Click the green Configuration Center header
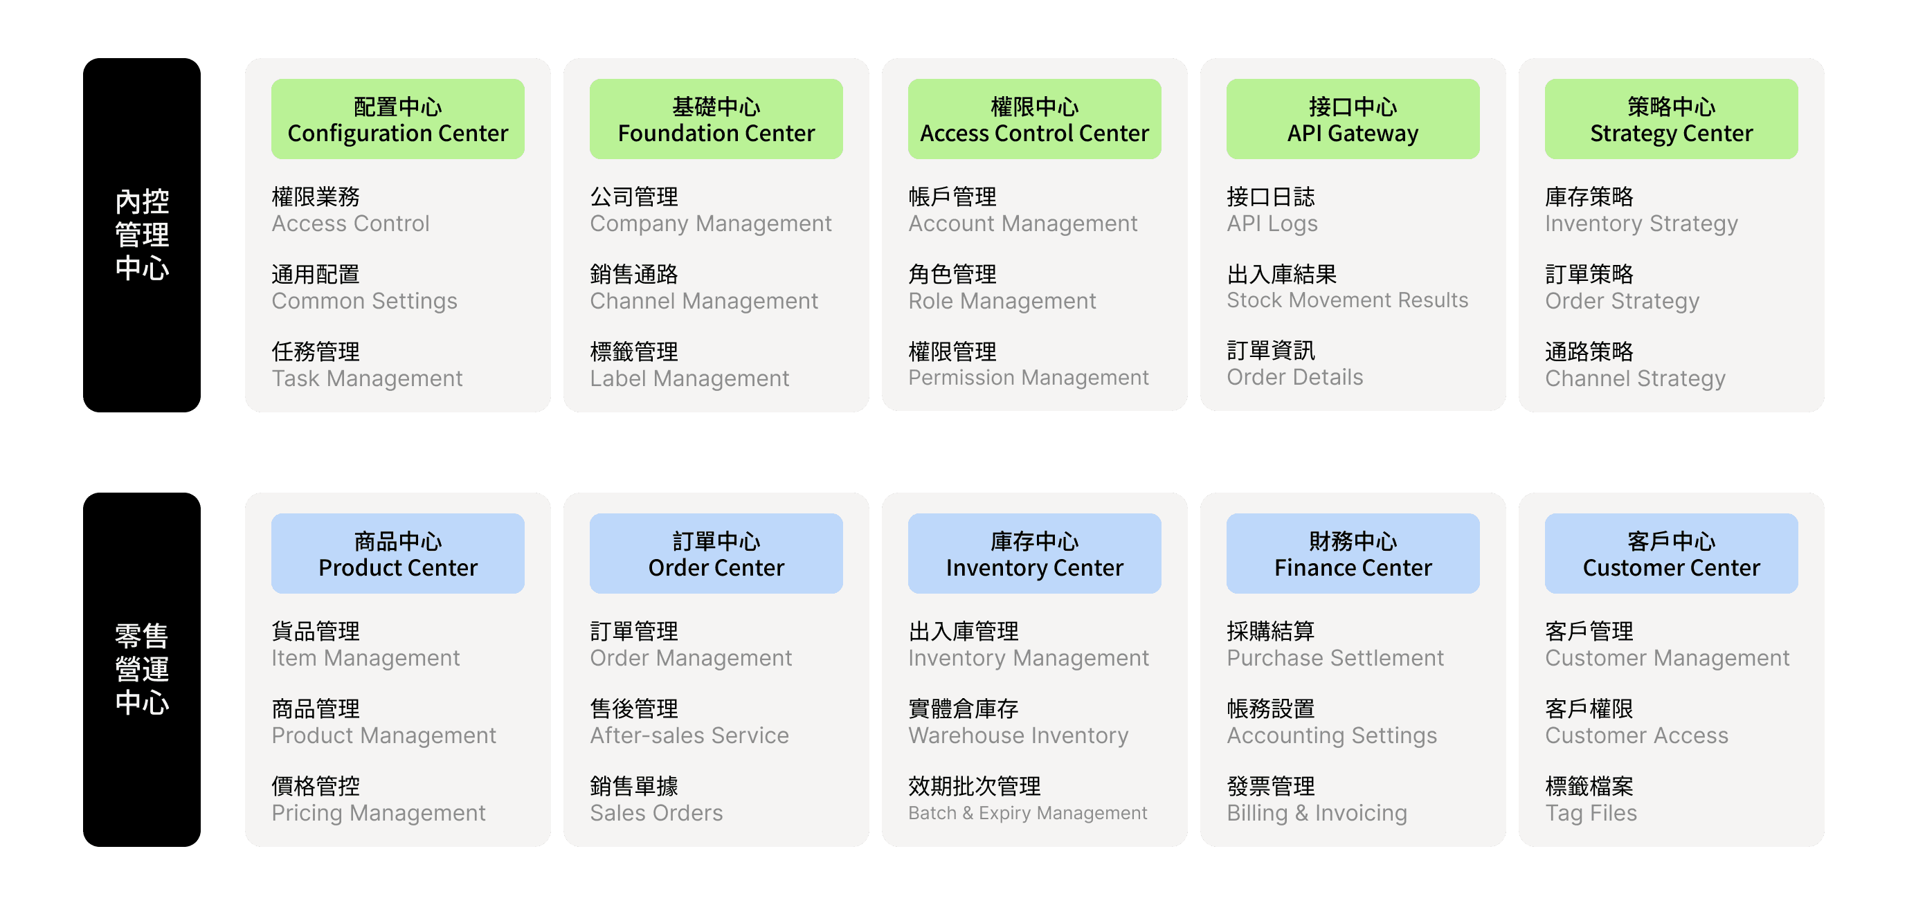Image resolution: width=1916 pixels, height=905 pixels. [397, 119]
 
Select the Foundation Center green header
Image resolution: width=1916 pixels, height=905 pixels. [716, 119]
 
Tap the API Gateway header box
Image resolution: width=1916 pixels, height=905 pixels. [1353, 119]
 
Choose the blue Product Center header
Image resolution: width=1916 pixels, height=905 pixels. [397, 554]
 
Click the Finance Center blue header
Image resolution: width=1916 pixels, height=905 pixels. [1353, 554]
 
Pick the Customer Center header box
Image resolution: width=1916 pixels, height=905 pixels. [1670, 554]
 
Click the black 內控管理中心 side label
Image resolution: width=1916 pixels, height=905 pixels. [141, 235]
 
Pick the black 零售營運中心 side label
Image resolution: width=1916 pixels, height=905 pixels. [141, 669]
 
